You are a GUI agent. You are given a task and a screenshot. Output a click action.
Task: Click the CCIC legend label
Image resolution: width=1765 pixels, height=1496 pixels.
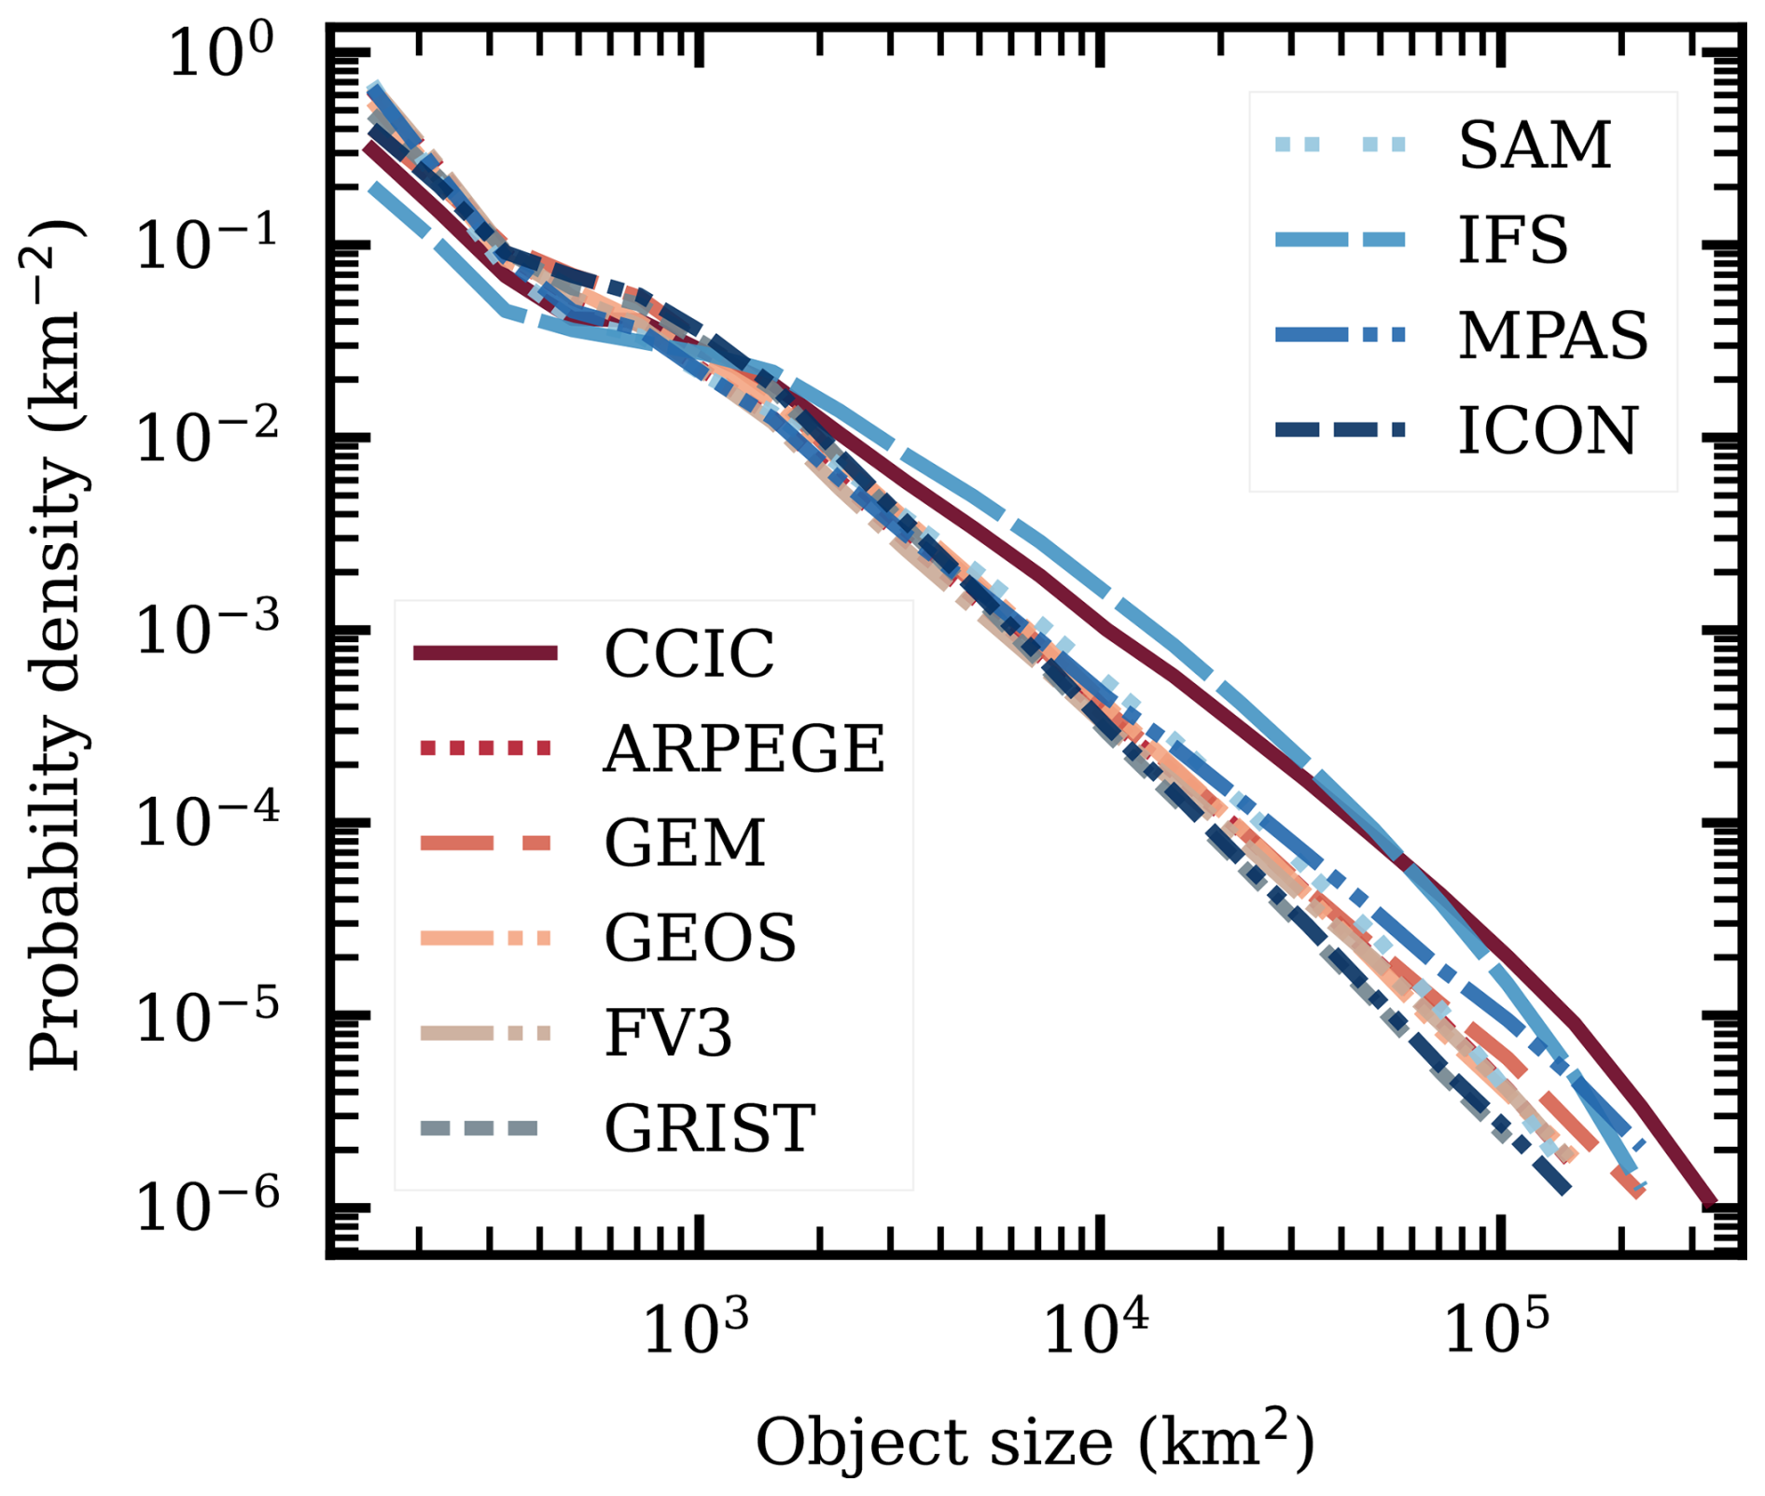pos(688,654)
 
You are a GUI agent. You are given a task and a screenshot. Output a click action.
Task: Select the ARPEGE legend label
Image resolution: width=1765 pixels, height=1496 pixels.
pos(744,748)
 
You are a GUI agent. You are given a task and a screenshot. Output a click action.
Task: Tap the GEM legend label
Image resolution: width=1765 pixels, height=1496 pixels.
pos(685,844)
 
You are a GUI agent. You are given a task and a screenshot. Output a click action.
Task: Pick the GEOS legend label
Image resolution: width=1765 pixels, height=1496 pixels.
pos(701,938)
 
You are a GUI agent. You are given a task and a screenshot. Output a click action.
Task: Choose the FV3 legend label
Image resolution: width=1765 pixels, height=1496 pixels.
pos(668,1033)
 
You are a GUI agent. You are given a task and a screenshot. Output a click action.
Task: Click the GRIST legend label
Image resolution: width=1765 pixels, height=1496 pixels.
pos(710,1128)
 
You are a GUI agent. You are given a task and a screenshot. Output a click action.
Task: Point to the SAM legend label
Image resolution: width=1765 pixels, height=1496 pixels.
pos(1535,146)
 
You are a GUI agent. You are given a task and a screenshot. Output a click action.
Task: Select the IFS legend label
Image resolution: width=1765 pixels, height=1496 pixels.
pos(1512,241)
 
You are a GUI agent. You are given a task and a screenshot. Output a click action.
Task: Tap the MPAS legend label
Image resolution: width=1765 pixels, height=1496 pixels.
pos(1553,336)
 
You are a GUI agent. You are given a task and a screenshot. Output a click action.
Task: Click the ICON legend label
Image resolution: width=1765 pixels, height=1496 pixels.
pos(1548,431)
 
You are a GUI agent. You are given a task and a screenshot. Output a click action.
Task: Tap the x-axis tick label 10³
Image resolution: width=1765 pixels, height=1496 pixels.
pos(696,1329)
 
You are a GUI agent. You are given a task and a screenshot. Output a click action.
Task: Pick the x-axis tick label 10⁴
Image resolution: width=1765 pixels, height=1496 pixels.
pos(1096,1329)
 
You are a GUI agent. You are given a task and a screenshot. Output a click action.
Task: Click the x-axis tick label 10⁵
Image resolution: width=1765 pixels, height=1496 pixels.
pos(1496,1329)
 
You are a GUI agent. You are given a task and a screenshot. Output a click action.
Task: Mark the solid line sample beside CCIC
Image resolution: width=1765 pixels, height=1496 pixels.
pos(485,653)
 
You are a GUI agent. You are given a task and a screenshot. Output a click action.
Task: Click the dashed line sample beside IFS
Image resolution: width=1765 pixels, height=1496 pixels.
pos(1340,240)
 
